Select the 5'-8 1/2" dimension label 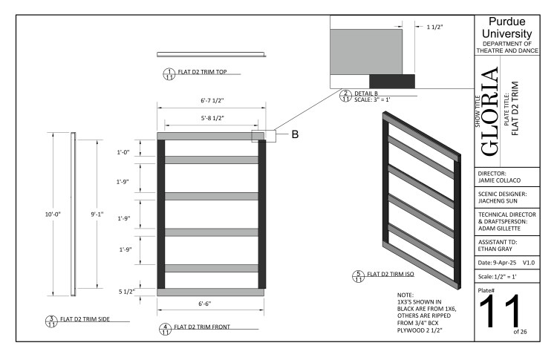tap(211, 117)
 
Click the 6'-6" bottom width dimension tap(210, 304)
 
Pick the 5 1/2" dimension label tap(128, 292)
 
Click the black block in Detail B tap(392, 79)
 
